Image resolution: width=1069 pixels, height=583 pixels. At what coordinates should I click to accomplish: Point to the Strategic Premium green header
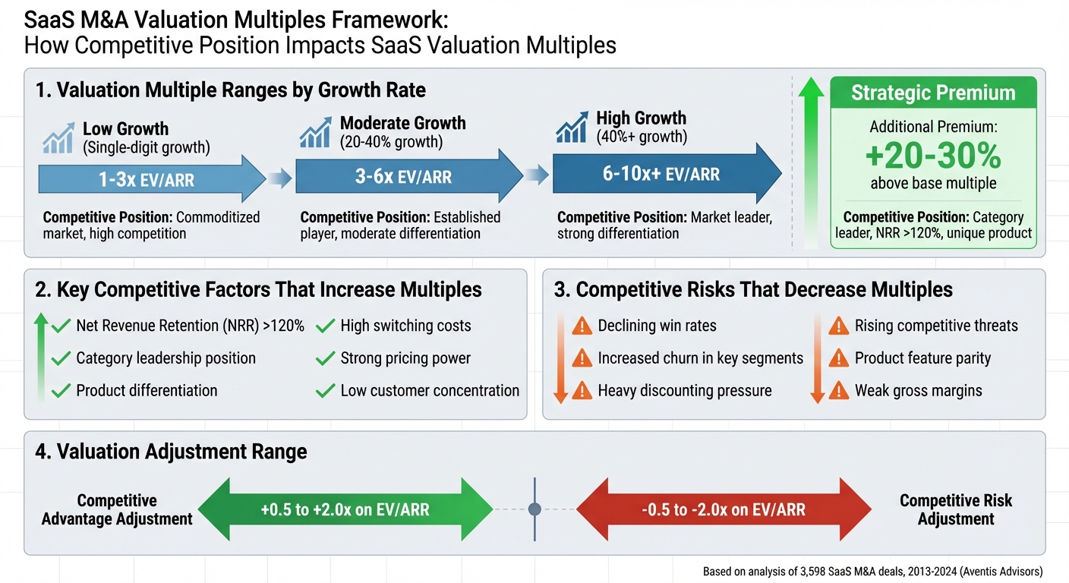coord(933,93)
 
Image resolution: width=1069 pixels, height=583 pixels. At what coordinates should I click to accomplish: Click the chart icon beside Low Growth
coord(58,138)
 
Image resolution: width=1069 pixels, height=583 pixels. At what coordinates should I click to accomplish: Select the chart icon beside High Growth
coord(572,128)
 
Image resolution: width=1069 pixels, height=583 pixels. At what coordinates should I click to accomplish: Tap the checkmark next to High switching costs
coord(326,326)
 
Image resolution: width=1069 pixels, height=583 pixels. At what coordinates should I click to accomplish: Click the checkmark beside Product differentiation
coord(61,391)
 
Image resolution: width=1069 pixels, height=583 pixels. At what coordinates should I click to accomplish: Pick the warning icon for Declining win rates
coord(582,326)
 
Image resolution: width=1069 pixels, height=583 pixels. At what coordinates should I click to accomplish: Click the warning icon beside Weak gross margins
coord(838,391)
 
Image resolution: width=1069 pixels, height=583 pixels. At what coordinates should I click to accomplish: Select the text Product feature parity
coord(922,358)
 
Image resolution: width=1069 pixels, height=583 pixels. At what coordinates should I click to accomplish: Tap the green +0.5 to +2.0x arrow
coord(345,510)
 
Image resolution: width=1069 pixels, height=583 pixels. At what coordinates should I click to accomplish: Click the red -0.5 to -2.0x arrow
coord(723,510)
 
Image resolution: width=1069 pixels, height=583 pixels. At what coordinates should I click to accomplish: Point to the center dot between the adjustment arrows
coord(534,509)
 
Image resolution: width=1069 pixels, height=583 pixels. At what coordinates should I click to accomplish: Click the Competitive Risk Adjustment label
coord(956,510)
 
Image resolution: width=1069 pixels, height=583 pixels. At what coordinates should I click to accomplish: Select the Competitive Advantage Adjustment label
coord(117,510)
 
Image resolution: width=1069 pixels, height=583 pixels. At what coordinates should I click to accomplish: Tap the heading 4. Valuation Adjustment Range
coord(171,452)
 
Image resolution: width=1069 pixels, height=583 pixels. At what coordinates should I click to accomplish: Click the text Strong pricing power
coord(405,358)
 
